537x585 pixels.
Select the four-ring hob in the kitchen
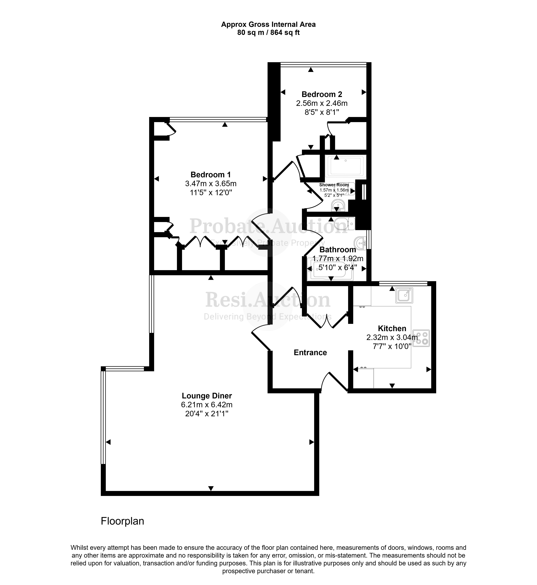point(421,338)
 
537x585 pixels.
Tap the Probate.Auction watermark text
point(268,226)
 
